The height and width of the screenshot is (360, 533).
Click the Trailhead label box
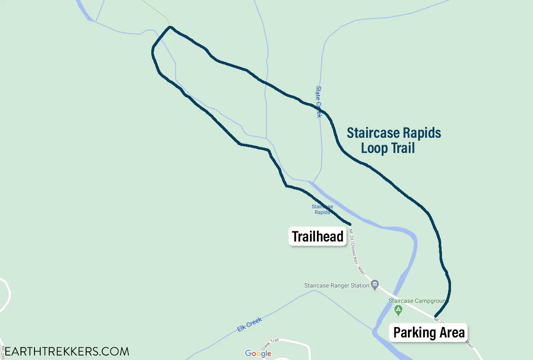318,237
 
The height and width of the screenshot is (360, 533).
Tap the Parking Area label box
428,333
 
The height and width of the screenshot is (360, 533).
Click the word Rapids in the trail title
422,133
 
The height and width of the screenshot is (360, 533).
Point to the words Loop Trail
388,148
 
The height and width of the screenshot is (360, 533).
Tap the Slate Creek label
319,102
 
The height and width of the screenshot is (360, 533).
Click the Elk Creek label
249,325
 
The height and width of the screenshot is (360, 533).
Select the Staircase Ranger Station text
337,285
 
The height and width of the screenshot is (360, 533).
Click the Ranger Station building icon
375,285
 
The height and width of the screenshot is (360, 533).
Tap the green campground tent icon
398,310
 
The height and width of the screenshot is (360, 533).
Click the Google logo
258,353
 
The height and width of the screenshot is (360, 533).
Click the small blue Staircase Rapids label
322,210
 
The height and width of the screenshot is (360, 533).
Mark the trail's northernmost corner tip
170,27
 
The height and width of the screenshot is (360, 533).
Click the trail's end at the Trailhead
351,224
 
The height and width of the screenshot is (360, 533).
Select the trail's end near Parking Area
435,316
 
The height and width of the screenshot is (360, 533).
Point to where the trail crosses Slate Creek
320,109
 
